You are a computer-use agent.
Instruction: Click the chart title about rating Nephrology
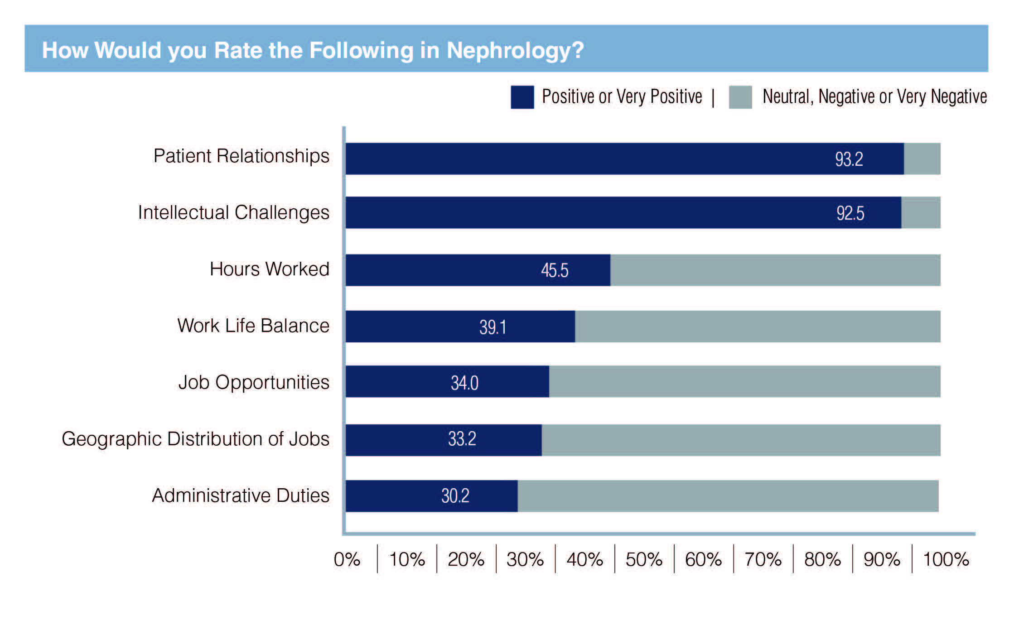pos(313,50)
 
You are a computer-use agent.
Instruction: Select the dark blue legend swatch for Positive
pos(522,97)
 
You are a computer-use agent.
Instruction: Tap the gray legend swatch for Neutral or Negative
pos(740,97)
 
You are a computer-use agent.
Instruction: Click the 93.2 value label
pos(849,159)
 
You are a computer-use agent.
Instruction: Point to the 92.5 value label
pos(850,213)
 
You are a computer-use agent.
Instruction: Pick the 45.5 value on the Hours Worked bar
pos(555,270)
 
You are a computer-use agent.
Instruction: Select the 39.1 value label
pos(493,327)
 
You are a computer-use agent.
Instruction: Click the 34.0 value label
pos(464,383)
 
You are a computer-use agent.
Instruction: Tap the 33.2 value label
pos(462,439)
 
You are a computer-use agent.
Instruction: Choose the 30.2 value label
pos(455,496)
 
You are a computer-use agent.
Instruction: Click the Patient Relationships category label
pos(241,156)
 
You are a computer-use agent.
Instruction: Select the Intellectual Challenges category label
pos(233,212)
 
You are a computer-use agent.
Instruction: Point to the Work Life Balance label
pos(253,326)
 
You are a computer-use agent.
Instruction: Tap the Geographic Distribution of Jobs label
pos(195,439)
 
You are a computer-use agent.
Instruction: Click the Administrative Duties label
pos(241,495)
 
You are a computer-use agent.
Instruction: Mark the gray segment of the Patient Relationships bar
pos(922,159)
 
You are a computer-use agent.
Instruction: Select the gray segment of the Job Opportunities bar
pos(744,382)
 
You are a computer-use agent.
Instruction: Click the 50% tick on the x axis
pos(644,560)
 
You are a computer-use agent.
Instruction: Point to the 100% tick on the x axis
pos(946,560)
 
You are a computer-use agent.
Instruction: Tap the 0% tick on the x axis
pos(347,560)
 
